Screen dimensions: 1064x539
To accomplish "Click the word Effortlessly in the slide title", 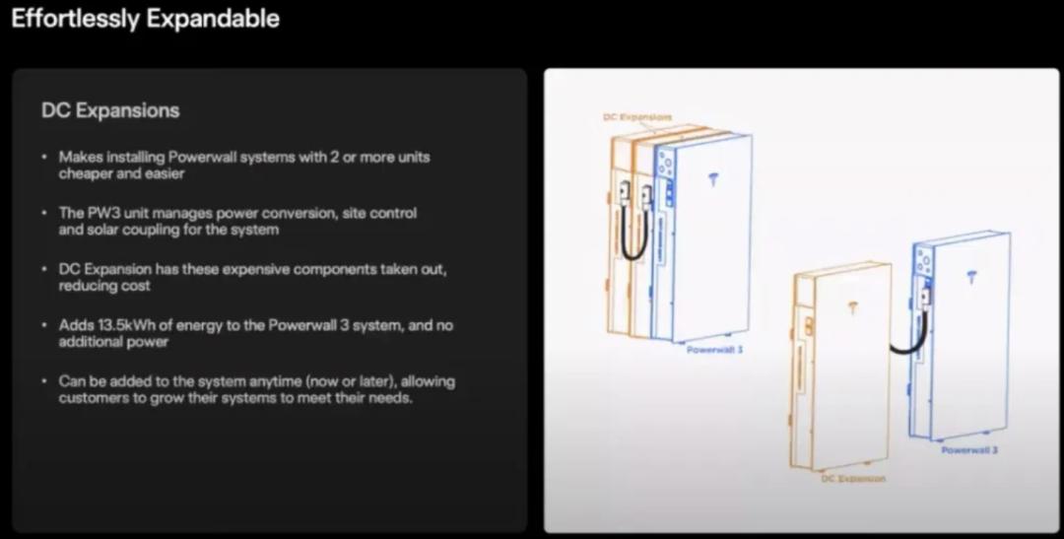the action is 76,19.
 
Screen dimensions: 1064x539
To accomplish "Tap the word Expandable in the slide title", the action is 213,19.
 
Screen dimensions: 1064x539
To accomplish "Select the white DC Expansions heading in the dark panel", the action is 110,110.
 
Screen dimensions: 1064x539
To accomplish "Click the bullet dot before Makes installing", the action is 44,157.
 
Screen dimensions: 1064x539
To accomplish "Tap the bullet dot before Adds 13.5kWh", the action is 44,325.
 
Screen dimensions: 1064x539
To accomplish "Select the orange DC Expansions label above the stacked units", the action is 637,116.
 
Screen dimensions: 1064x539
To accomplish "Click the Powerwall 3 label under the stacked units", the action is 714,350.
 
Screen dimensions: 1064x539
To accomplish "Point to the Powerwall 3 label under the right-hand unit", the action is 969,449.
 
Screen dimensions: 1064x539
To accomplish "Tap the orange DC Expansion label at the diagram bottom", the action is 853,478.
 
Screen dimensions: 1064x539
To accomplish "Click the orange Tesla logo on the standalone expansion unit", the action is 853,308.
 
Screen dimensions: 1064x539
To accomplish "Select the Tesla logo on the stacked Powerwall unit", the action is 713,180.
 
